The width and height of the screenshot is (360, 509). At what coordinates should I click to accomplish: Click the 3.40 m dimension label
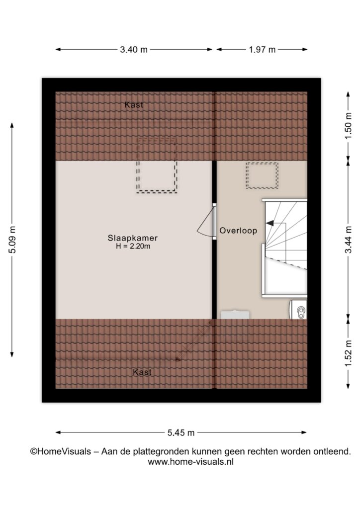point(134,50)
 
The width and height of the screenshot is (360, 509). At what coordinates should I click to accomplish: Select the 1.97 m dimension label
point(262,50)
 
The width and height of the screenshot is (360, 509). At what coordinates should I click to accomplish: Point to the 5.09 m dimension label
point(12,240)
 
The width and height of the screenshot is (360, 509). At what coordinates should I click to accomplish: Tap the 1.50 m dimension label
point(348,126)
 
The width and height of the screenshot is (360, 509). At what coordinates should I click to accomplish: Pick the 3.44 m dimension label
point(348,240)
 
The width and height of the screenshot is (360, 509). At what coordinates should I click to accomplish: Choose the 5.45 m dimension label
point(181,432)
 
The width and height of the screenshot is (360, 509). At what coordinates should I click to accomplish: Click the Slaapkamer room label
point(133,238)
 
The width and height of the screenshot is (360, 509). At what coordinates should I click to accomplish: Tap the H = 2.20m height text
point(133,247)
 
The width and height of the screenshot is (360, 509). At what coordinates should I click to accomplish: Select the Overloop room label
point(238,231)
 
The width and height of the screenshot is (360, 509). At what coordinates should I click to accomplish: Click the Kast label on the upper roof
point(134,105)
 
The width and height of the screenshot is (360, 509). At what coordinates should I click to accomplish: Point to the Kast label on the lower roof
point(142,372)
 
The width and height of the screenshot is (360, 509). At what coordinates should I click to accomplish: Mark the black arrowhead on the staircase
point(270,223)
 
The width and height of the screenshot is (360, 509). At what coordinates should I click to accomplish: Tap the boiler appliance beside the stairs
point(298,309)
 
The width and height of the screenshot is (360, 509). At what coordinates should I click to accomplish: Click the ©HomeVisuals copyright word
point(61,451)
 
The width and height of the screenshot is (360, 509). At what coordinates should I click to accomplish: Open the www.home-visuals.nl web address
point(190,462)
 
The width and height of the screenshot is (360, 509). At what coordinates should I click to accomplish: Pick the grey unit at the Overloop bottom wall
point(235,315)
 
